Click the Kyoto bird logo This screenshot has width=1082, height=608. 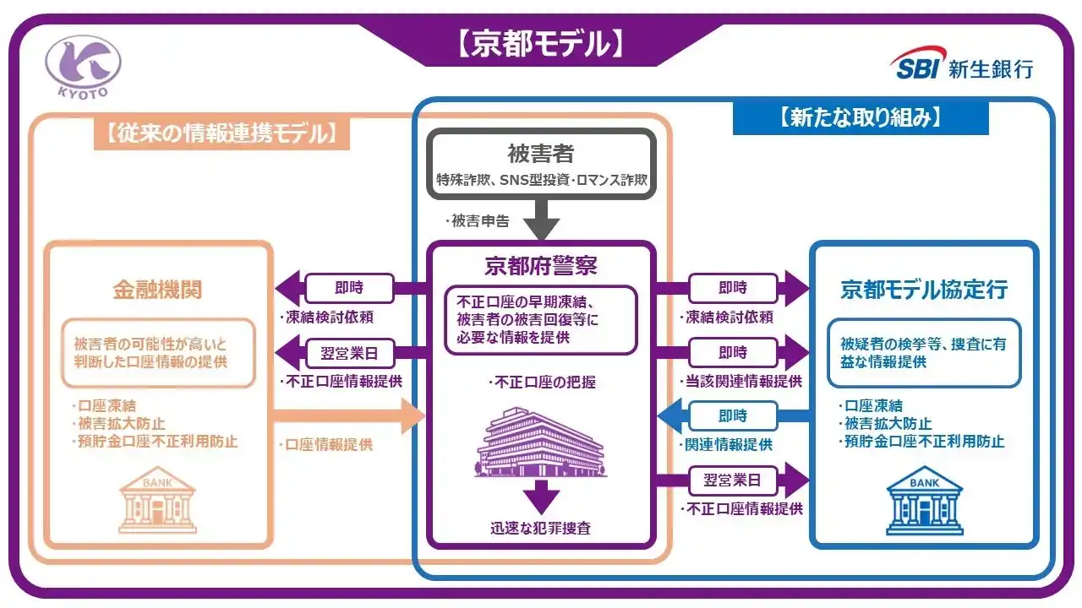[x=83, y=66]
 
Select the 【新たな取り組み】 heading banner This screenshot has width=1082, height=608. [x=861, y=117]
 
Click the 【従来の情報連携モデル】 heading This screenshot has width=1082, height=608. [x=222, y=133]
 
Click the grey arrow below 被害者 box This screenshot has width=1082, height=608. [x=540, y=221]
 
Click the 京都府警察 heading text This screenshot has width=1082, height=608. [x=540, y=267]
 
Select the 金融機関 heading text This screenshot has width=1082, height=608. [x=157, y=290]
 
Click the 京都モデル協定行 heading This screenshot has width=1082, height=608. [x=924, y=290]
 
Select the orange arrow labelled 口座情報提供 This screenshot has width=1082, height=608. [x=347, y=416]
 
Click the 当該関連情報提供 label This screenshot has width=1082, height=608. [x=740, y=381]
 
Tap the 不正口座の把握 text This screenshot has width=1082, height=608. [x=541, y=383]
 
